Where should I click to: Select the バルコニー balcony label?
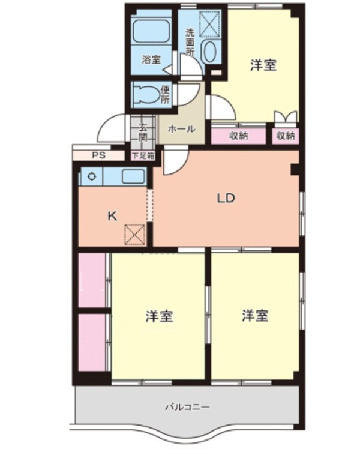[x=187, y=408]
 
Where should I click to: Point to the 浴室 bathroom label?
[x=151, y=59]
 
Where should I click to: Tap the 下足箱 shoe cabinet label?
[x=143, y=155]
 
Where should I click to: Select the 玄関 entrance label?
[x=143, y=131]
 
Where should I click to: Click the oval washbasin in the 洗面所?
[x=209, y=53]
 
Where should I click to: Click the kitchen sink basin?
[x=133, y=176]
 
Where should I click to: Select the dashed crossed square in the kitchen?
[x=134, y=234]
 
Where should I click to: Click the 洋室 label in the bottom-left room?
[x=160, y=316]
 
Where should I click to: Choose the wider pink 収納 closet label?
[x=238, y=136]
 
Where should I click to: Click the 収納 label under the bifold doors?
[x=286, y=136]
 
